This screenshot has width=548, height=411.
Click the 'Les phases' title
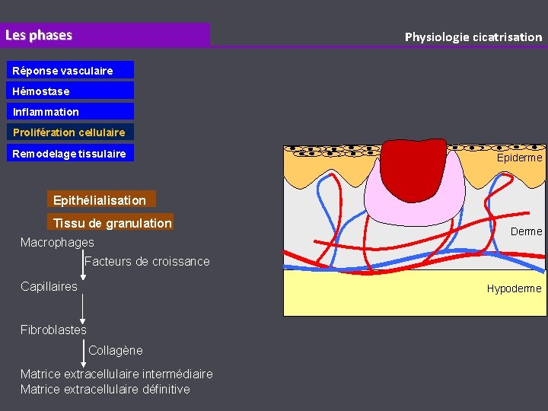(x=39, y=35)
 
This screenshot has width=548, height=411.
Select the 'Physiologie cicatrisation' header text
(x=473, y=37)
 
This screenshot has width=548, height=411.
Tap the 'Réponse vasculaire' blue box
(x=72, y=71)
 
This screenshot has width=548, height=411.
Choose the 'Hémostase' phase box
(x=72, y=91)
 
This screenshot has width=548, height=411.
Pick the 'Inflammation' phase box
(x=72, y=112)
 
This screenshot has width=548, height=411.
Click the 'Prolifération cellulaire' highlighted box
(x=72, y=132)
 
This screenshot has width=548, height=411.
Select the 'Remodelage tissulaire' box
(x=72, y=154)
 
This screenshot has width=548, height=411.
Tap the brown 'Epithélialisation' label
(x=100, y=200)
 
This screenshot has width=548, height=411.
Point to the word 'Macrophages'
(x=57, y=242)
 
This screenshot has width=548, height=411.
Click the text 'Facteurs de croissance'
(x=148, y=262)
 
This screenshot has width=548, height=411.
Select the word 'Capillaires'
(x=49, y=286)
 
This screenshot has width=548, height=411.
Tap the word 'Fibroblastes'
(x=53, y=330)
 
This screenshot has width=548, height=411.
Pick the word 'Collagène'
(x=116, y=350)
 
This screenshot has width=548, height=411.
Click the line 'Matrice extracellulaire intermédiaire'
(x=116, y=374)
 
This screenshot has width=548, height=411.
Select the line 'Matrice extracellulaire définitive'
(x=105, y=390)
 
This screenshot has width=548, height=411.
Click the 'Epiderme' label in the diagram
(x=519, y=158)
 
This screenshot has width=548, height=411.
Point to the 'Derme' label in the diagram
(x=527, y=231)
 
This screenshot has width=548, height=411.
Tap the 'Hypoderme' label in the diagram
(x=514, y=288)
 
